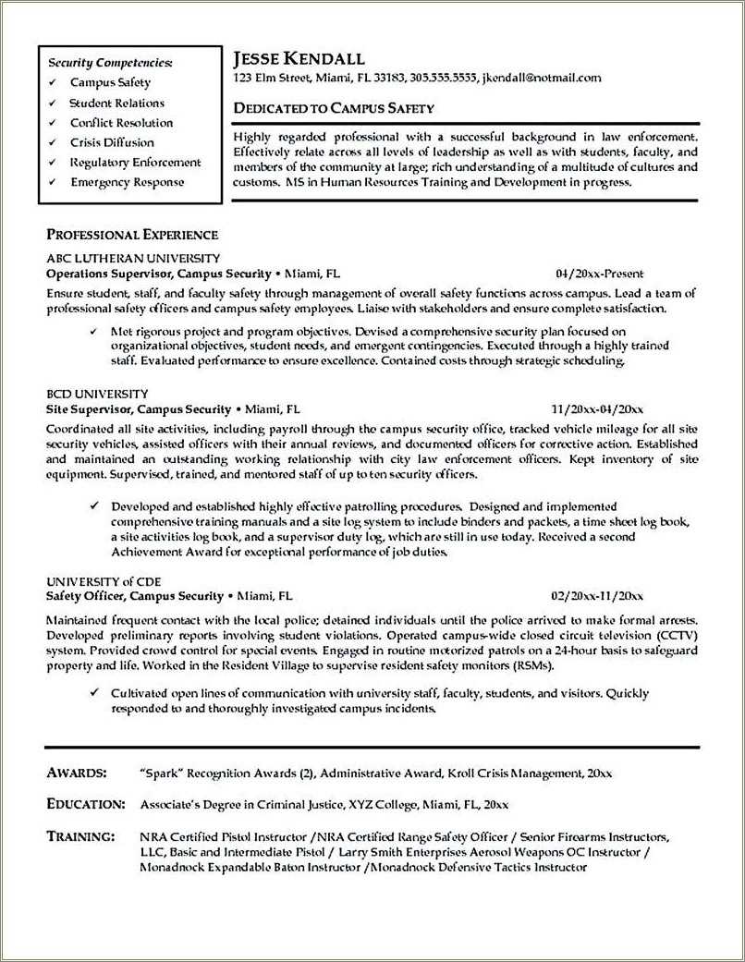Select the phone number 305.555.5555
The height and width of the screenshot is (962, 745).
pos(443,79)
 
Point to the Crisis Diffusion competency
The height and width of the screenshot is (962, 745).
pos(112,142)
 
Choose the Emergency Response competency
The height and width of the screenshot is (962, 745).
pos(127,182)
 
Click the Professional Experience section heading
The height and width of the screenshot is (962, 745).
pos(132,235)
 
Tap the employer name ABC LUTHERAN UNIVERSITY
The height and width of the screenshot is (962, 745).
pos(133,259)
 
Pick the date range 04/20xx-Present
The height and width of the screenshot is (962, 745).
pos(599,274)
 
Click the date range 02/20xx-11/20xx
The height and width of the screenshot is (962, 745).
pos(597,597)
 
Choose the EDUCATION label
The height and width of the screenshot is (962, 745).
pos(85,804)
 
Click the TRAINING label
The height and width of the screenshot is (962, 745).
pos(80,836)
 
